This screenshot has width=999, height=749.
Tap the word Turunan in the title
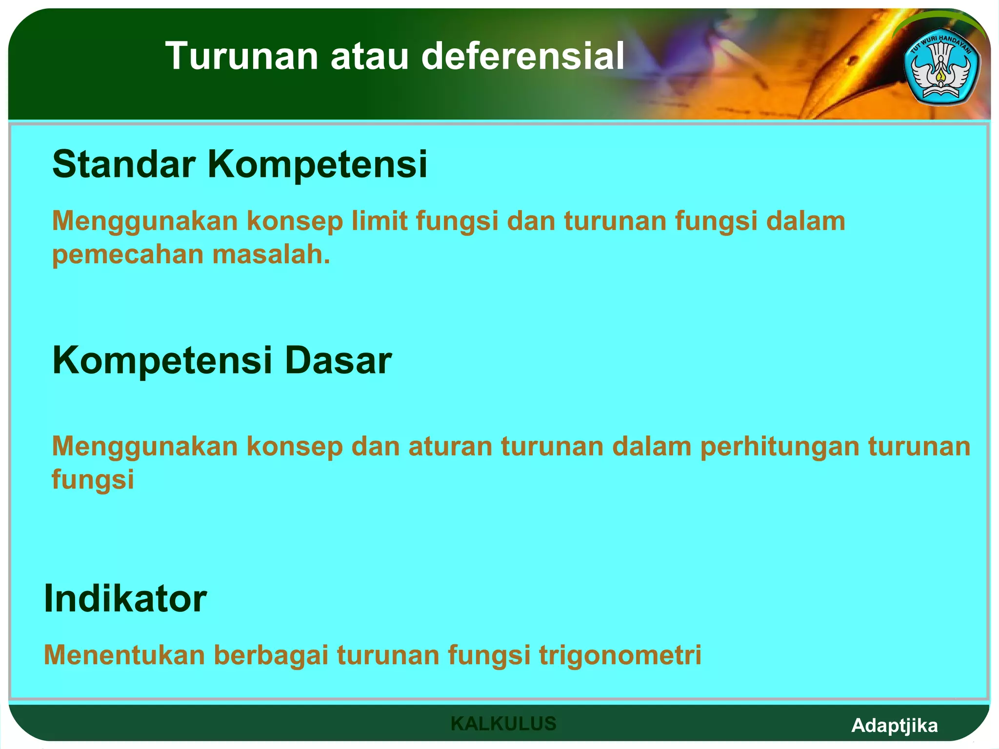click(242, 56)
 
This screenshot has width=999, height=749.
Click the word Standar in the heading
click(124, 164)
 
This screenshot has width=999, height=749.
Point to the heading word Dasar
click(338, 360)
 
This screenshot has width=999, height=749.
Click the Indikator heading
click(125, 598)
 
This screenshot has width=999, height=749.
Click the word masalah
click(271, 255)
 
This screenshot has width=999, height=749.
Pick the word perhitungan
click(779, 447)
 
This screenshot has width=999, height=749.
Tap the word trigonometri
click(620, 655)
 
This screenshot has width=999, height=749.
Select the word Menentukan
click(124, 655)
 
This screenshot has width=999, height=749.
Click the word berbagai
click(271, 655)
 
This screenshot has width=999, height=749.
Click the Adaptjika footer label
click(894, 726)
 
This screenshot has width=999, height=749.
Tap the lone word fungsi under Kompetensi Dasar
click(93, 480)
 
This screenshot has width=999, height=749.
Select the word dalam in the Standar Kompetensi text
click(805, 220)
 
